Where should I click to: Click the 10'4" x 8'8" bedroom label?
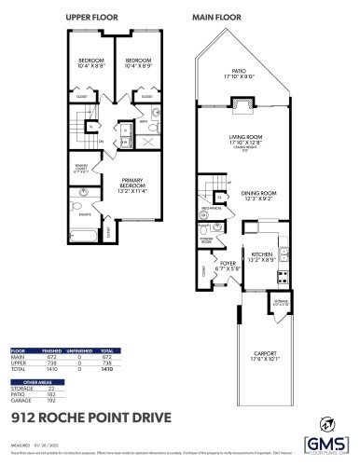point(90,63)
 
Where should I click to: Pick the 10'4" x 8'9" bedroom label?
point(137,63)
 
